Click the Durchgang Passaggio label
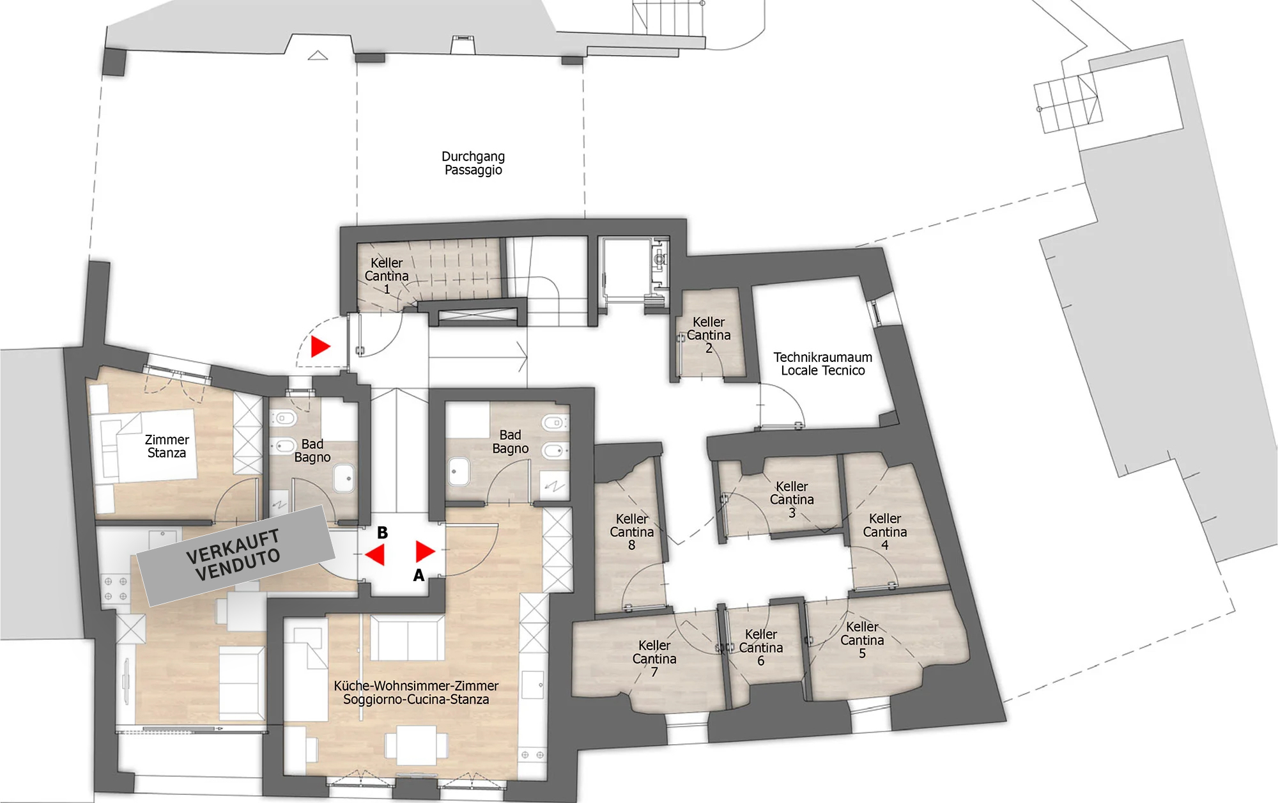(x=473, y=163)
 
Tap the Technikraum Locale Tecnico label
(x=822, y=364)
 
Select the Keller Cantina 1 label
(x=387, y=276)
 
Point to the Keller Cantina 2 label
(x=709, y=335)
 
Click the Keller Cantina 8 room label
(x=631, y=532)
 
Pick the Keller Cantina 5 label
(x=862, y=640)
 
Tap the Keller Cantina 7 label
(x=654, y=659)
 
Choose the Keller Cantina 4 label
(x=885, y=532)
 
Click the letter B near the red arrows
(x=382, y=533)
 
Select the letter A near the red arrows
(x=419, y=575)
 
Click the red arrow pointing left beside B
(x=376, y=555)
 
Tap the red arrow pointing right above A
(x=425, y=551)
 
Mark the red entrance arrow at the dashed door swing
(x=320, y=347)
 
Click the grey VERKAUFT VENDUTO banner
(x=236, y=556)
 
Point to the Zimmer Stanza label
(x=167, y=446)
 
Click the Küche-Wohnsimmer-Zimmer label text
(x=416, y=685)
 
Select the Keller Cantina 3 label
(x=792, y=499)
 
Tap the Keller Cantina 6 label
(x=760, y=647)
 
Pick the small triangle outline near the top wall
(x=318, y=56)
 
